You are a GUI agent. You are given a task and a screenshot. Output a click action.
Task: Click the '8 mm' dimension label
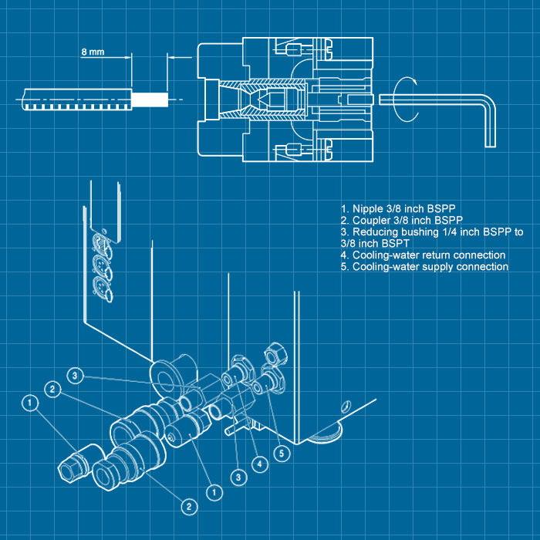(x=92, y=52)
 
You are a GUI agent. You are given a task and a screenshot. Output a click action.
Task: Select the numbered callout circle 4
(x=262, y=464)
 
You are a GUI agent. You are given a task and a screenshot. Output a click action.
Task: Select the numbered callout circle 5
(x=282, y=454)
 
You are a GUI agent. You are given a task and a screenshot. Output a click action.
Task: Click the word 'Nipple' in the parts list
(x=368, y=208)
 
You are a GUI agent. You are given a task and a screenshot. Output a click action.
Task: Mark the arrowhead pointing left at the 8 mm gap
(x=173, y=57)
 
